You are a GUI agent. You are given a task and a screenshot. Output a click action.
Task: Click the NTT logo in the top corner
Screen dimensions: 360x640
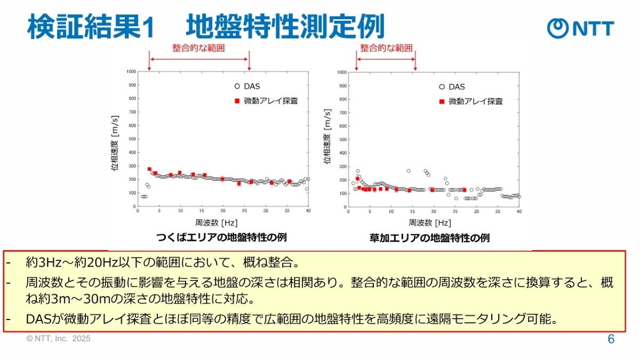pyautogui.click(x=581, y=27)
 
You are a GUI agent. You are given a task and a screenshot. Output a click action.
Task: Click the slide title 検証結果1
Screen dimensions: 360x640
pyautogui.click(x=91, y=27)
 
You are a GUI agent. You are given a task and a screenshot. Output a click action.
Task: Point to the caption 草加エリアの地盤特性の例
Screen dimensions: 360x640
pyautogui.click(x=429, y=237)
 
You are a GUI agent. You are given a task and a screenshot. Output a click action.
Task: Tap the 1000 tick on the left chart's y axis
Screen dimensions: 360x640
pyautogui.click(x=130, y=71)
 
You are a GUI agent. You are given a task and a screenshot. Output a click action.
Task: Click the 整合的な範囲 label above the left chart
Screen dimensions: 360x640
pyautogui.click(x=198, y=47)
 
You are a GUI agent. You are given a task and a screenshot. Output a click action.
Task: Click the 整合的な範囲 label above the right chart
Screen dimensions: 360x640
pyautogui.click(x=386, y=47)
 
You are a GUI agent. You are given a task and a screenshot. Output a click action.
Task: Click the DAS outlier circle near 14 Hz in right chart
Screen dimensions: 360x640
pyautogui.click(x=409, y=171)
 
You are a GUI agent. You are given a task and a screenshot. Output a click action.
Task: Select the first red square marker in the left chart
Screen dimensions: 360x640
pyautogui.click(x=149, y=169)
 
